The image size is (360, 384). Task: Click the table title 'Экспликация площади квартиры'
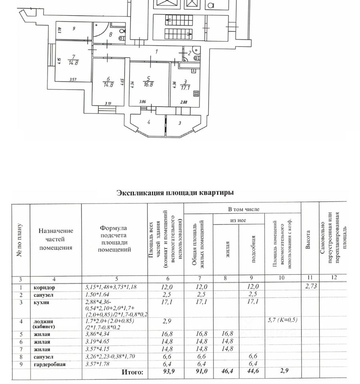(x=175, y=193)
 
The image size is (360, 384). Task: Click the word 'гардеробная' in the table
(x=49, y=364)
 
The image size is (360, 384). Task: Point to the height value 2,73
(x=310, y=286)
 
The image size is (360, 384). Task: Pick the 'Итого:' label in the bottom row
(x=132, y=372)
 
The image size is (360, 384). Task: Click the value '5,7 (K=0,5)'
(x=282, y=320)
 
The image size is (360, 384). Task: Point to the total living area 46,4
(x=226, y=372)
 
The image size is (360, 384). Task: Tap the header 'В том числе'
(x=244, y=209)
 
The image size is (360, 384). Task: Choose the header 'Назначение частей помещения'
(x=56, y=239)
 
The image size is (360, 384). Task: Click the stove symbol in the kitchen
(x=196, y=94)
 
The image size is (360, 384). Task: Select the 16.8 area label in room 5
(x=150, y=84)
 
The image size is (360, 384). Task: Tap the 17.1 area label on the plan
(x=185, y=86)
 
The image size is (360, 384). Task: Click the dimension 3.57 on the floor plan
(x=73, y=80)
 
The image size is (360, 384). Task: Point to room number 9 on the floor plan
(x=73, y=29)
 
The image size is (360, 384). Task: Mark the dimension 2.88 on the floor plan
(x=184, y=102)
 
